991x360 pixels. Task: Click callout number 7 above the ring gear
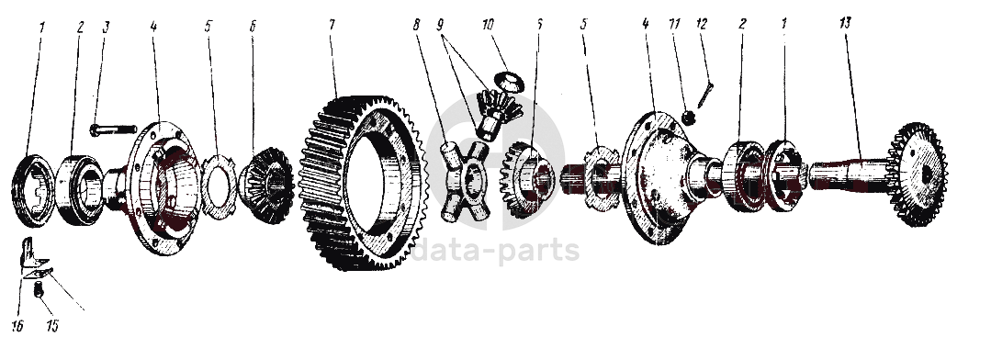332,25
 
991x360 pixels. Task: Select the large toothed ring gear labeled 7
364,183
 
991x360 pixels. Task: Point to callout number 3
107,27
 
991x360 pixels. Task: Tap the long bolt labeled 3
113,130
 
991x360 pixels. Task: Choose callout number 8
416,25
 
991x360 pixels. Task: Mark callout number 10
487,26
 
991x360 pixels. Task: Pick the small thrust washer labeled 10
510,82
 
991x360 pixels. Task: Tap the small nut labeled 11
690,117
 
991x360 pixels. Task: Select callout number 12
701,23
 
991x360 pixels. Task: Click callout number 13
846,23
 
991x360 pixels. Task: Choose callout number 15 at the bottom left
52,326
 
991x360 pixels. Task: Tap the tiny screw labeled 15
38,291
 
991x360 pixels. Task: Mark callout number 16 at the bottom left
17,326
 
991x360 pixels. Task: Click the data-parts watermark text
495,251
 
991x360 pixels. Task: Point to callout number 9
442,26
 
